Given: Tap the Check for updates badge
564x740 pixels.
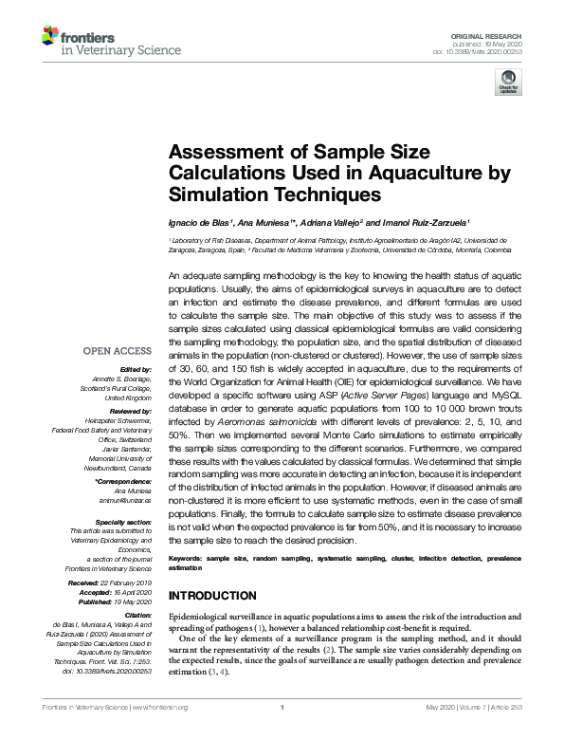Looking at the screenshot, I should (507, 83).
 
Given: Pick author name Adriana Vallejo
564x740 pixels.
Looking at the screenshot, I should (328, 221).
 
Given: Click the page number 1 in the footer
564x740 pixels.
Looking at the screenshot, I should (282, 733).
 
